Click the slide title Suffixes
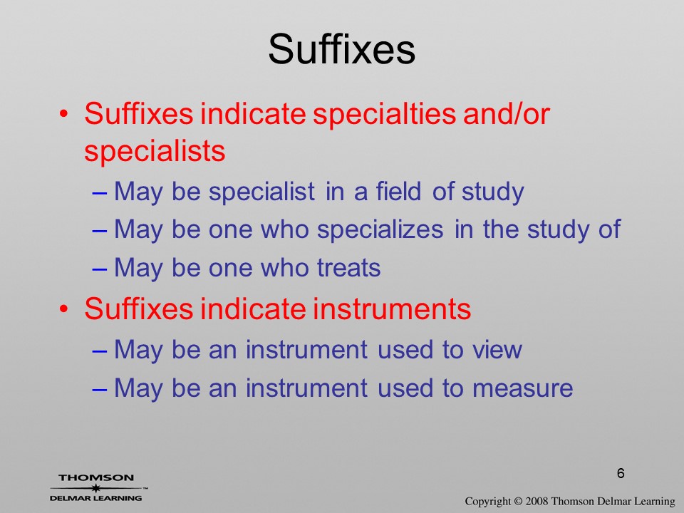[341, 49]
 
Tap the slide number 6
[621, 473]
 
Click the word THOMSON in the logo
[96, 477]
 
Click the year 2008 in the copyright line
[535, 501]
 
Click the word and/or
[506, 114]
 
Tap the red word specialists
[155, 151]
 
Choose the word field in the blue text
[398, 191]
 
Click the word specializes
[380, 229]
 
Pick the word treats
[349, 267]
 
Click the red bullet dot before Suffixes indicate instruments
[64, 309]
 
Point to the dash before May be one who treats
[100, 269]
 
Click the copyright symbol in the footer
[518, 501]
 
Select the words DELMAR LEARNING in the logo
[96, 498]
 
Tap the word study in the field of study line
[493, 192]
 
